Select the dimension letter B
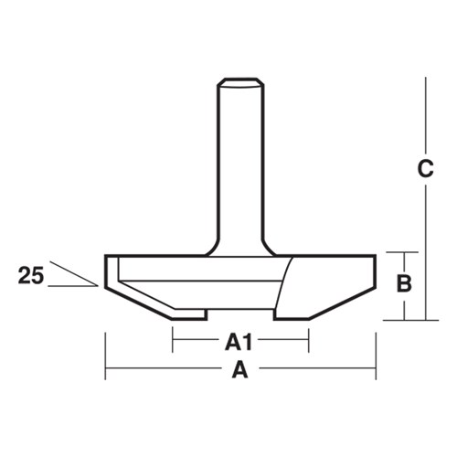coord(403,284)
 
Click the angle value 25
coord(29,272)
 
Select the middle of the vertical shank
coord(240,165)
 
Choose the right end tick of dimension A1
coord(309,342)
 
